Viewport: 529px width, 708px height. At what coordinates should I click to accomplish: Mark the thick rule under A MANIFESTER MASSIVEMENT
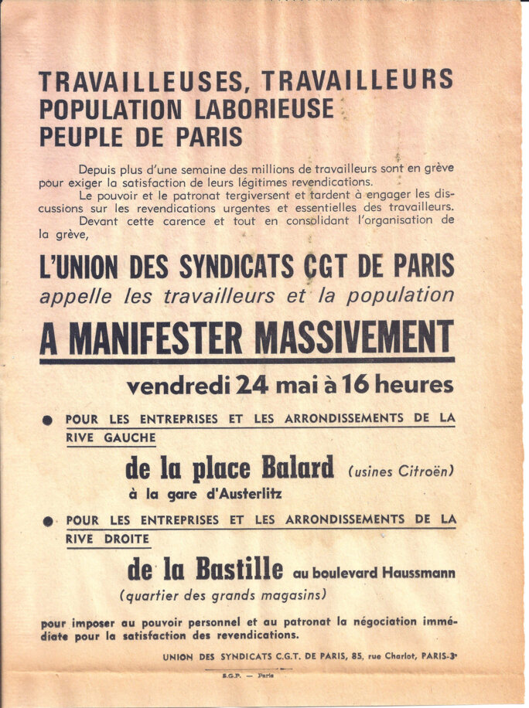(247, 360)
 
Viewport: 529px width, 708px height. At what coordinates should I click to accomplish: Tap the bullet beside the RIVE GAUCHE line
(48, 420)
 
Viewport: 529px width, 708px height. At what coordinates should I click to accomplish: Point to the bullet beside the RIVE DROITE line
(48, 522)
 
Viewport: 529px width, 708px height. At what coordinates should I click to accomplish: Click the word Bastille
(238, 570)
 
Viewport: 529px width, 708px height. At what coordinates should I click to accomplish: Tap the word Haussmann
(415, 574)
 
